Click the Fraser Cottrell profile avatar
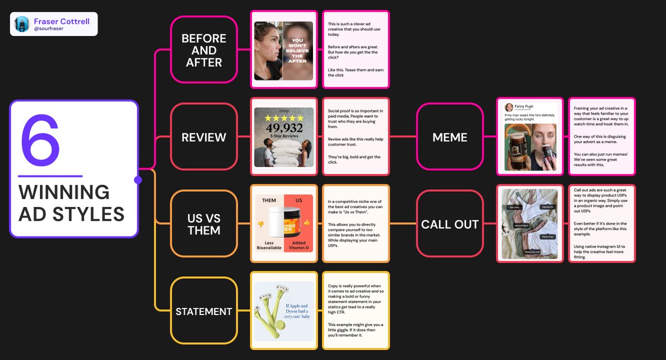click(x=22, y=24)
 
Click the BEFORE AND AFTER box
click(x=204, y=50)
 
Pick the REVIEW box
click(x=204, y=137)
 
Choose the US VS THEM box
click(x=204, y=224)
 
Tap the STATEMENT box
click(x=204, y=311)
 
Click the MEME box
click(x=450, y=137)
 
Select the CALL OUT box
click(x=450, y=224)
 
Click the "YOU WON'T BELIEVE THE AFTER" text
click(x=297, y=50)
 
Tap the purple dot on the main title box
click(x=138, y=180)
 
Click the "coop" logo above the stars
click(x=284, y=110)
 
